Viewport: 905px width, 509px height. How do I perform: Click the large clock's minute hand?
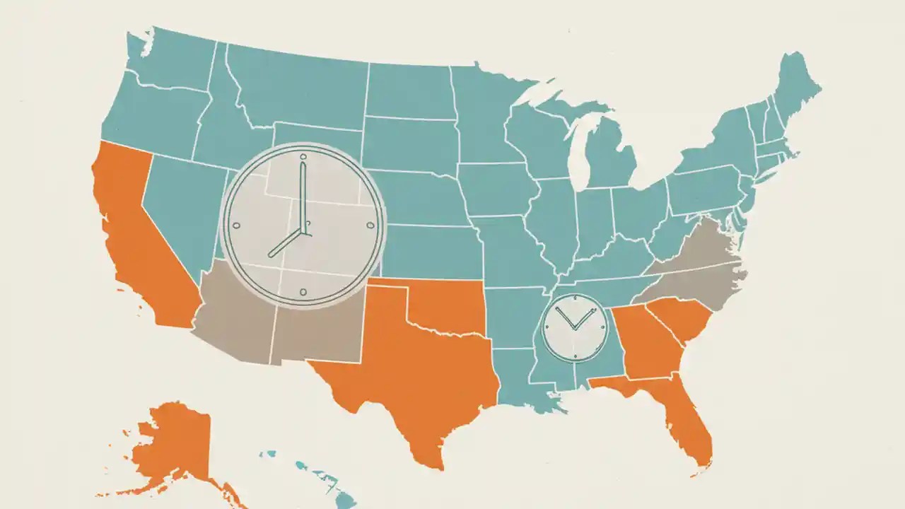[x=303, y=194]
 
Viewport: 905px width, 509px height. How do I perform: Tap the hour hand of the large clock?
[x=286, y=244]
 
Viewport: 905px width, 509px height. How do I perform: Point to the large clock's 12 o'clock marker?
[x=303, y=156]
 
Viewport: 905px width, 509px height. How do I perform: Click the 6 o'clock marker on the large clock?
[x=303, y=291]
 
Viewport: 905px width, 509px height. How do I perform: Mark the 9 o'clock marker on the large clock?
[x=236, y=226]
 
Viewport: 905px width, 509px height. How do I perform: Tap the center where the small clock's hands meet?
[x=575, y=329]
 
